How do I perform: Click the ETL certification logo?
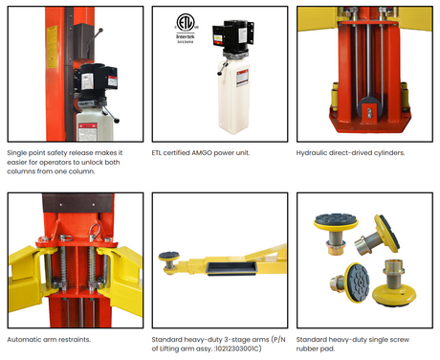coord(186,22)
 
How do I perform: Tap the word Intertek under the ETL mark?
coord(186,36)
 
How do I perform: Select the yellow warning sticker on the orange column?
coord(52,47)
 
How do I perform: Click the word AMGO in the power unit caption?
coord(202,153)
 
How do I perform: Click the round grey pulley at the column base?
coord(369,110)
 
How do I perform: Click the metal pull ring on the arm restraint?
coord(95,232)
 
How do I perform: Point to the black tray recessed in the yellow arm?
coord(231,268)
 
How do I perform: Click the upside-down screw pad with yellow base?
coord(395,283)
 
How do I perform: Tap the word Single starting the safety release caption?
coord(16,153)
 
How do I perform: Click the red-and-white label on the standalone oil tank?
coord(243,78)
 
